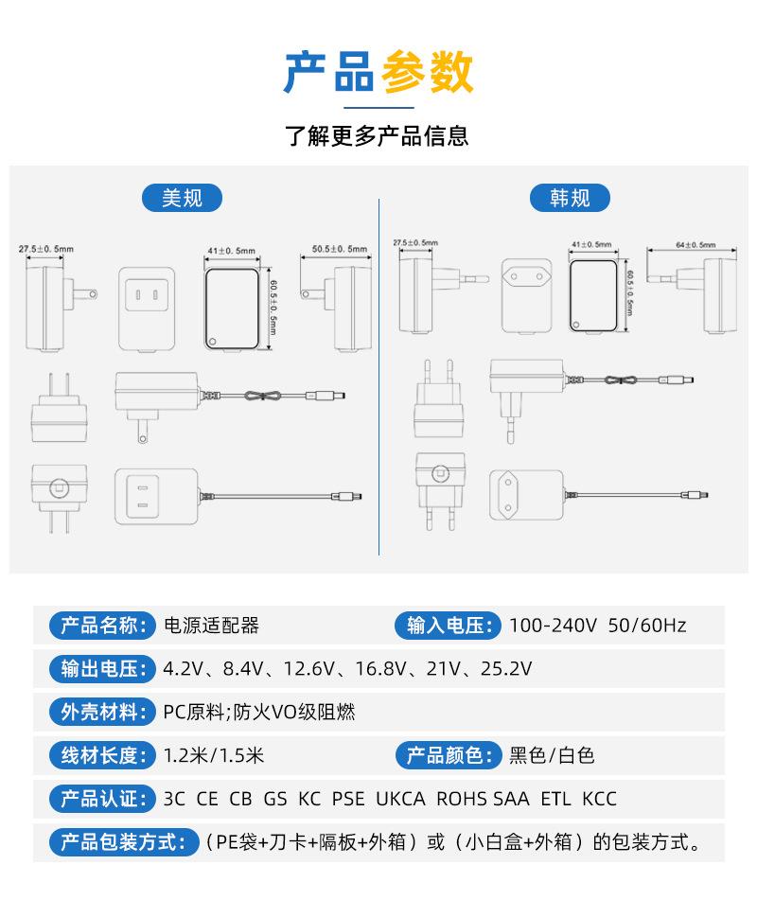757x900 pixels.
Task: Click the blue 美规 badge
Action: click(x=184, y=197)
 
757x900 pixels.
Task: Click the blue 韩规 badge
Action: click(x=569, y=197)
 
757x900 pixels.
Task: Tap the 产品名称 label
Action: click(x=101, y=626)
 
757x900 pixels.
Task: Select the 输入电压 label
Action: click(x=448, y=626)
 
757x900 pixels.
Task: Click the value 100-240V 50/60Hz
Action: click(x=597, y=626)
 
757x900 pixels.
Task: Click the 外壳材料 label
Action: click(x=101, y=713)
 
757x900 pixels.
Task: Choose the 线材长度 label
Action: click(x=101, y=755)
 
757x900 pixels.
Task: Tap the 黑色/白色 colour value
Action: click(x=552, y=755)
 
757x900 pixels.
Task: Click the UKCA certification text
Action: click(x=400, y=799)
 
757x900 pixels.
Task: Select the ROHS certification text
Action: click(x=462, y=799)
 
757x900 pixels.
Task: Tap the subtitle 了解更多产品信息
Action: click(x=378, y=136)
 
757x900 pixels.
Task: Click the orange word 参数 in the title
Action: click(x=427, y=73)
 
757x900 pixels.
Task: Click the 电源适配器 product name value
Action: click(x=211, y=626)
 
